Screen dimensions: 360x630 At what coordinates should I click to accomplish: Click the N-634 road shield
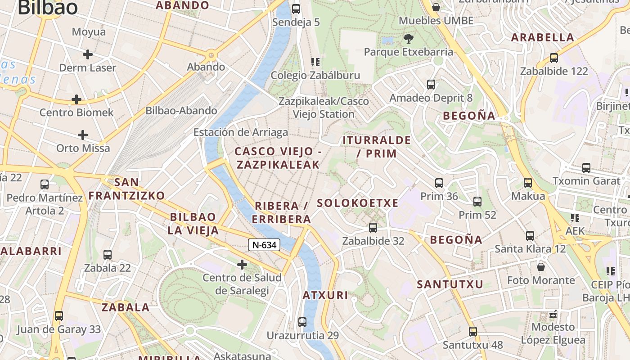pyautogui.click(x=264, y=245)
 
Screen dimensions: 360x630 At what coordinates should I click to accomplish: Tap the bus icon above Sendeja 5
pyautogui.click(x=296, y=9)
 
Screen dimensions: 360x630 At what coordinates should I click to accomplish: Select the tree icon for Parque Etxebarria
pyautogui.click(x=408, y=38)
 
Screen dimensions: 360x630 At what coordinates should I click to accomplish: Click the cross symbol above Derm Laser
pyautogui.click(x=88, y=54)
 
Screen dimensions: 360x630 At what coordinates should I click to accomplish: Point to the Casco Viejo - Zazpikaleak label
pyautogui.click(x=278, y=158)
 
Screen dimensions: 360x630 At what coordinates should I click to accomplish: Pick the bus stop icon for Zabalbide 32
pyautogui.click(x=373, y=228)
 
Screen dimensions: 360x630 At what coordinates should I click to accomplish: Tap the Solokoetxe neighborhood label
pyautogui.click(x=358, y=203)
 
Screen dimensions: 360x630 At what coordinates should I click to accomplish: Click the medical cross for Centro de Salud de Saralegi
pyautogui.click(x=242, y=264)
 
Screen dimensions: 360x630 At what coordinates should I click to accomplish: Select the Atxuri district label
pyautogui.click(x=325, y=296)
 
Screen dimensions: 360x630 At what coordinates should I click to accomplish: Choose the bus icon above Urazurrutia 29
pyautogui.click(x=302, y=322)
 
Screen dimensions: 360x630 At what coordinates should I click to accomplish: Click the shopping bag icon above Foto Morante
pyautogui.click(x=541, y=267)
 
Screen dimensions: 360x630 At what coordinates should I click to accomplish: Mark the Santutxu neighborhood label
pyautogui.click(x=450, y=284)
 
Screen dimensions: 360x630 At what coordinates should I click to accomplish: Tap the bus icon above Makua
pyautogui.click(x=528, y=183)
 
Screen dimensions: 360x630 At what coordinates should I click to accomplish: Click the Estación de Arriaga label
pyautogui.click(x=241, y=132)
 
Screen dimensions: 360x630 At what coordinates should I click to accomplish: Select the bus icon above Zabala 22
pyautogui.click(x=108, y=255)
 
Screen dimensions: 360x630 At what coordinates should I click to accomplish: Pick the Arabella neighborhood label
pyautogui.click(x=543, y=37)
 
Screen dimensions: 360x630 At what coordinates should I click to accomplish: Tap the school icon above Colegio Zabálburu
pyautogui.click(x=315, y=62)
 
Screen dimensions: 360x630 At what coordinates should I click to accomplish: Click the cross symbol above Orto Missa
pyautogui.click(x=83, y=135)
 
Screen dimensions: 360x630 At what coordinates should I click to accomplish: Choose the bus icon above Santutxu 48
pyautogui.click(x=473, y=332)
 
